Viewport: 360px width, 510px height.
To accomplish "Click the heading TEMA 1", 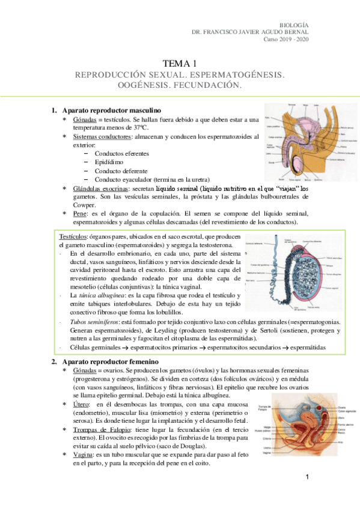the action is click(x=180, y=63).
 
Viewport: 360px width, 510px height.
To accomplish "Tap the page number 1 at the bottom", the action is click(x=307, y=478).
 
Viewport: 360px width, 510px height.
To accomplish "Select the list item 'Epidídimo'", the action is click(x=109, y=162).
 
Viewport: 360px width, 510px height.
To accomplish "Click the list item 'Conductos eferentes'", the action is click(x=121, y=153).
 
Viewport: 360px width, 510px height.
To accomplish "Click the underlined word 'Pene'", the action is click(x=79, y=214).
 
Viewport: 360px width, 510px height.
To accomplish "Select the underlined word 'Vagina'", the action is click(x=83, y=455).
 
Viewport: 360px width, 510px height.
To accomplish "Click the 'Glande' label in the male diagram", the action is click(x=272, y=162).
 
